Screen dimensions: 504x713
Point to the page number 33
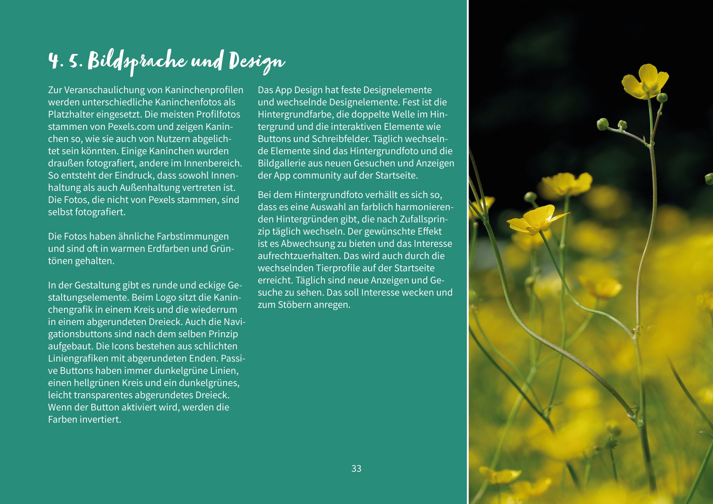356,469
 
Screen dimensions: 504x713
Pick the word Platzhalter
71,115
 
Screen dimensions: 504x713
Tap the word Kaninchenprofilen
204,90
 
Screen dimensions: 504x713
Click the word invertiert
100,420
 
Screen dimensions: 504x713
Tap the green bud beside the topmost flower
662,97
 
